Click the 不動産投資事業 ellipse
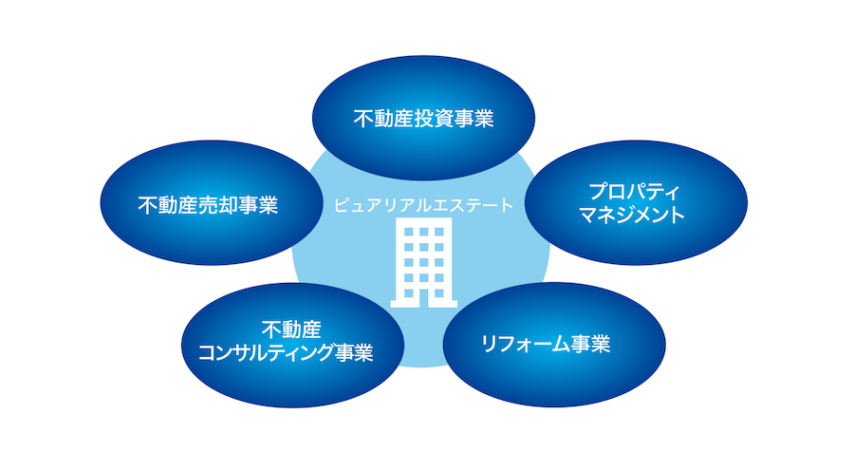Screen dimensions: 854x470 click(423, 118)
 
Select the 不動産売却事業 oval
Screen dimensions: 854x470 click(212, 203)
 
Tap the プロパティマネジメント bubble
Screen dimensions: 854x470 click(636, 203)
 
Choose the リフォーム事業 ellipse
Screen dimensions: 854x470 click(554, 345)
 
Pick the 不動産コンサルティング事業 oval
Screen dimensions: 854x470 click(292, 345)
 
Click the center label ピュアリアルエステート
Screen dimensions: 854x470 click(423, 205)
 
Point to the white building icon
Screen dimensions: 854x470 click(424, 262)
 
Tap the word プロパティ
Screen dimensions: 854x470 click(635, 192)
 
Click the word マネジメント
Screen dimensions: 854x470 click(632, 215)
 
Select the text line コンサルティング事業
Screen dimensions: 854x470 click(286, 353)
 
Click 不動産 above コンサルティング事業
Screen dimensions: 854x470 click(291, 329)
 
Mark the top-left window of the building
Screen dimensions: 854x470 click(408, 232)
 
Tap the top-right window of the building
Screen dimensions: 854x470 click(439, 232)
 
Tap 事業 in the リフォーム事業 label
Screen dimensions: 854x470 click(590, 344)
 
